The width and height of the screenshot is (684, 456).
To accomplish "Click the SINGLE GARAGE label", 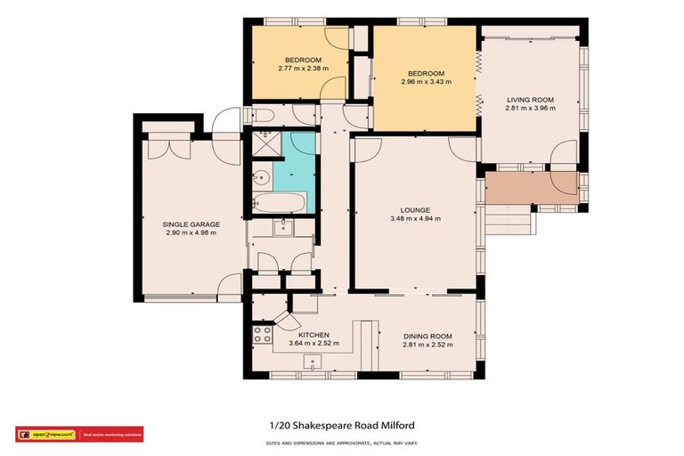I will (x=191, y=224).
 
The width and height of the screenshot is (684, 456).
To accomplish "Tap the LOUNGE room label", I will (x=415, y=208).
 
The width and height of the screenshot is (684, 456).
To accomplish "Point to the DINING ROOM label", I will (x=427, y=336).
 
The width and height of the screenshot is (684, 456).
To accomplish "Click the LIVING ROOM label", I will (x=531, y=99).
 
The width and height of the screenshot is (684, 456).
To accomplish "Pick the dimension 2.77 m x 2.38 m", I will (x=303, y=68).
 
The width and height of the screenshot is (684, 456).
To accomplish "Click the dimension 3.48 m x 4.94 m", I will (x=415, y=218).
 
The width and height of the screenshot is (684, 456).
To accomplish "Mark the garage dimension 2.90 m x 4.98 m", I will (x=191, y=232).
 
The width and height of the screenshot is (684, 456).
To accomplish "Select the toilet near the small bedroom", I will (x=265, y=115).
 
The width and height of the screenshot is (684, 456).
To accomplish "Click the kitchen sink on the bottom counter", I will (x=313, y=362).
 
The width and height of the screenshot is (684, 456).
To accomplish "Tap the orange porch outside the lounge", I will (x=531, y=188).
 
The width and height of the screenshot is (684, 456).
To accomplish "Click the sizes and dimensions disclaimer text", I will (x=341, y=443).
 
